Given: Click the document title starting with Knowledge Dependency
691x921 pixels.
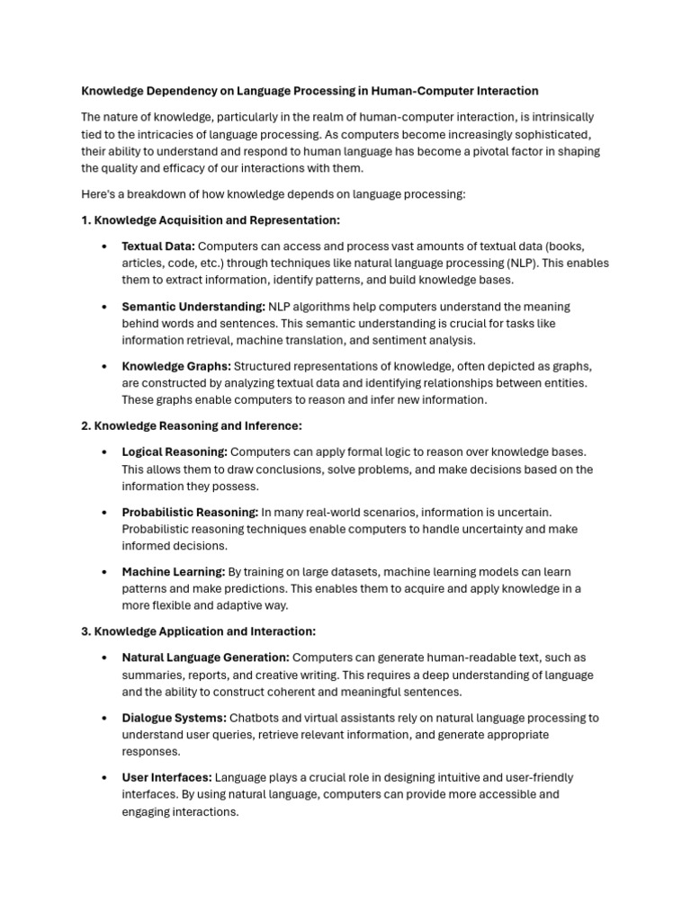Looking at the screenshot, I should pos(310,91).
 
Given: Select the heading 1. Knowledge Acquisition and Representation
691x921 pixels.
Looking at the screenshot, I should pos(211,220).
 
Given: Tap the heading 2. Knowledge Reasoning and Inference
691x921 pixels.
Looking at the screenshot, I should pos(191,425).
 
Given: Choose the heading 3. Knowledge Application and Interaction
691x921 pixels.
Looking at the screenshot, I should pos(198,631).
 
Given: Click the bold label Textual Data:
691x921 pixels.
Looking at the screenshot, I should pos(158,246).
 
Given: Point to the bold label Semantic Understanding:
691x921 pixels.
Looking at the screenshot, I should pos(193,307).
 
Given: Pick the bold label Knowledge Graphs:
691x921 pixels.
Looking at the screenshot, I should pos(176,366).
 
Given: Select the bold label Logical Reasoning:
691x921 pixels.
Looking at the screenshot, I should pos(175,452).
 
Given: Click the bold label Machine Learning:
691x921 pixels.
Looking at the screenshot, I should pos(174,572).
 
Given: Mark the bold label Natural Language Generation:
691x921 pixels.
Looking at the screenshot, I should pos(205,657).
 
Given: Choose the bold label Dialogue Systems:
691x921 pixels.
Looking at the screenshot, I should pos(174,718).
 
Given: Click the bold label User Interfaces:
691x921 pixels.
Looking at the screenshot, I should pos(166,777).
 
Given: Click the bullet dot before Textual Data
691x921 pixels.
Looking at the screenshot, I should pos(104,246).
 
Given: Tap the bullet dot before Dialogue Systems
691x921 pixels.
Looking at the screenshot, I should pos(104,718).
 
